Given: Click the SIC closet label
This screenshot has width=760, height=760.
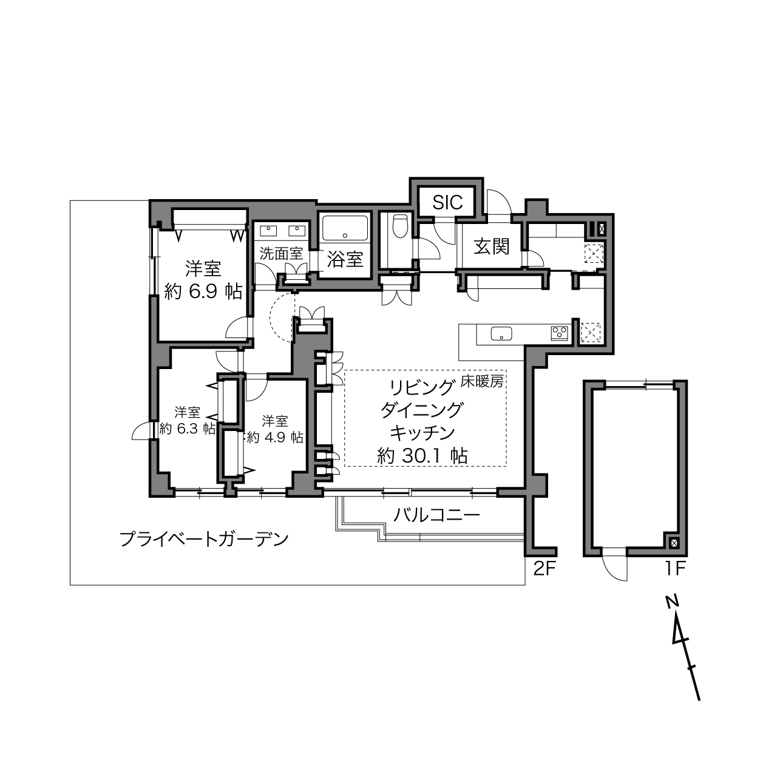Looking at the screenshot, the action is click(x=447, y=202).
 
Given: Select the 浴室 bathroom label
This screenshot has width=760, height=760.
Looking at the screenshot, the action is click(x=345, y=259).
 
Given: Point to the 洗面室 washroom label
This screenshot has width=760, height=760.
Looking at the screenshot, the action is click(x=281, y=254).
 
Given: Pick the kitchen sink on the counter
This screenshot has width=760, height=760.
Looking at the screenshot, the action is click(x=501, y=334).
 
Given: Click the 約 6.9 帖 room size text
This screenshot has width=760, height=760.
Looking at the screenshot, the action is click(x=203, y=291).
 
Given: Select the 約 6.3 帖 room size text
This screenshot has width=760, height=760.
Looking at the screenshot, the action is click(x=188, y=429).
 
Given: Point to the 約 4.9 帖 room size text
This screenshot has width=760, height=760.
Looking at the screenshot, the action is click(x=275, y=438).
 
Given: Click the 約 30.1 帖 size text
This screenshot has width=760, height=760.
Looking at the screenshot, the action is click(x=422, y=456).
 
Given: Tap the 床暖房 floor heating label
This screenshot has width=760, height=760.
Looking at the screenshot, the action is click(x=483, y=381).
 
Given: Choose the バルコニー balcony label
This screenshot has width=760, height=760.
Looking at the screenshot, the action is click(x=436, y=515).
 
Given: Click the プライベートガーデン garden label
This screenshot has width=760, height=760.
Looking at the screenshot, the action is click(x=204, y=539).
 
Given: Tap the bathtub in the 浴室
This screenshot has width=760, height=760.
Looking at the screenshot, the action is click(x=345, y=228).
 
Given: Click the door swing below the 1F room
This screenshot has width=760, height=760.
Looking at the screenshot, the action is click(x=614, y=568).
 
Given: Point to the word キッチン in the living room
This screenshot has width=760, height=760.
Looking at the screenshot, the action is click(x=422, y=433).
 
